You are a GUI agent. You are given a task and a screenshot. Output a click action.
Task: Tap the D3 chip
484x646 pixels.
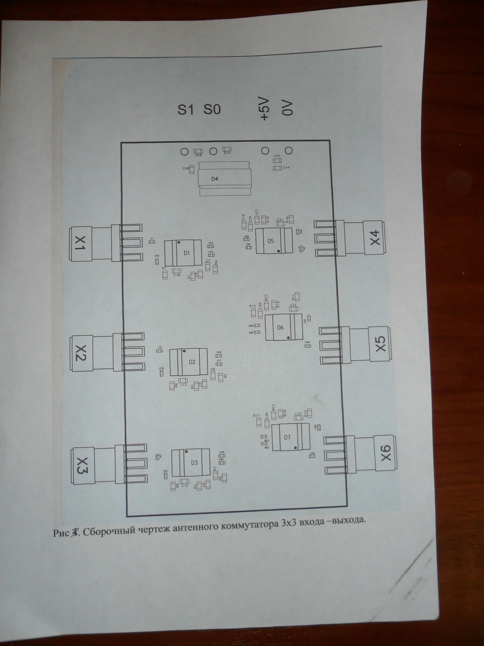pos(194,463)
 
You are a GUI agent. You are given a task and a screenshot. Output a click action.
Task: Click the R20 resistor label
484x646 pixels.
pos(198,155)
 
